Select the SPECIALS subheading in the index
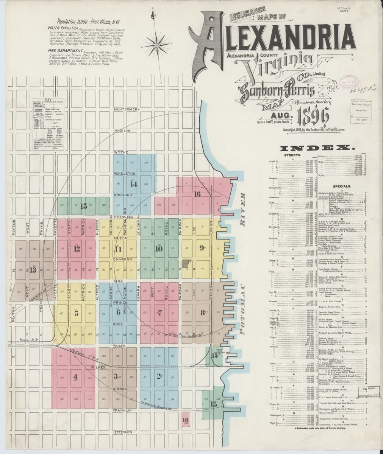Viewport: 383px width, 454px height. tap(342, 187)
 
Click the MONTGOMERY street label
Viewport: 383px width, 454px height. tap(127, 109)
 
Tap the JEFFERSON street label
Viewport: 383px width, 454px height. tap(122, 432)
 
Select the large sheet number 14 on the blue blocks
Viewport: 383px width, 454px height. tap(133, 184)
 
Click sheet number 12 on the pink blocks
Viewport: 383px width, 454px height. tap(77, 249)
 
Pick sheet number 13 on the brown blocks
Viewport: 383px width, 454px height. tap(33, 270)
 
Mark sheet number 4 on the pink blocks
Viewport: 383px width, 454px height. tap(75, 376)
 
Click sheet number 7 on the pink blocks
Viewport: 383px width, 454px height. tap(160, 313)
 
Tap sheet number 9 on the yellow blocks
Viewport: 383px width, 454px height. tap(201, 248)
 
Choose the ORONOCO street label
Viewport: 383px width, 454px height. tap(122, 195)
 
